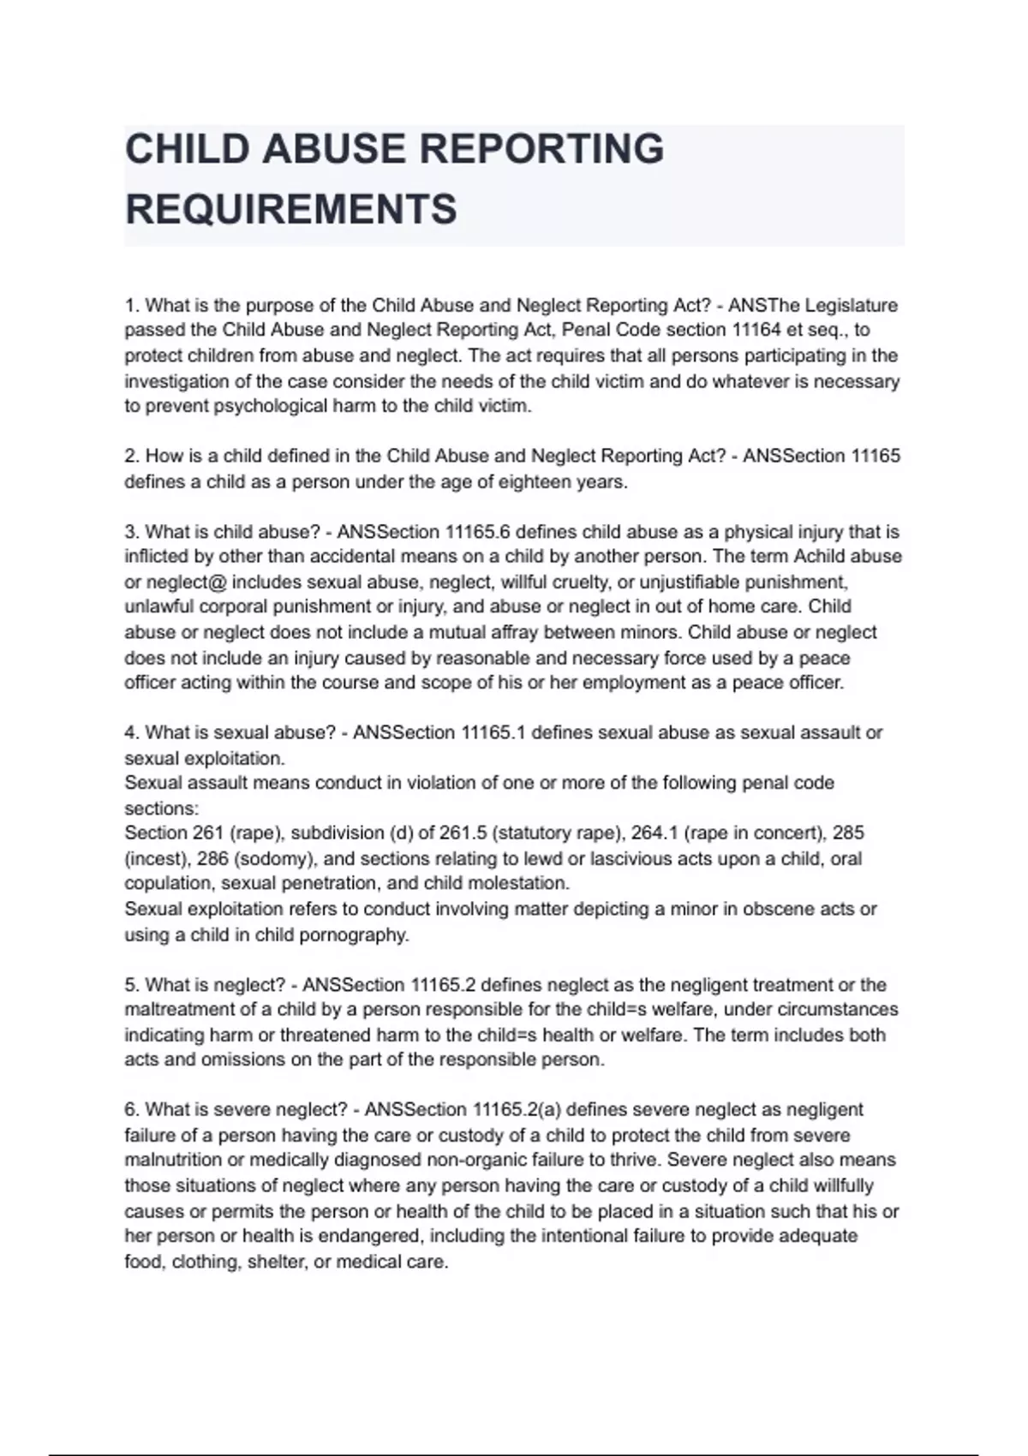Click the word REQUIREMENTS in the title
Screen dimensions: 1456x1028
(x=291, y=209)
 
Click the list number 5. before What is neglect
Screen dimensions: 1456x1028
(x=132, y=985)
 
